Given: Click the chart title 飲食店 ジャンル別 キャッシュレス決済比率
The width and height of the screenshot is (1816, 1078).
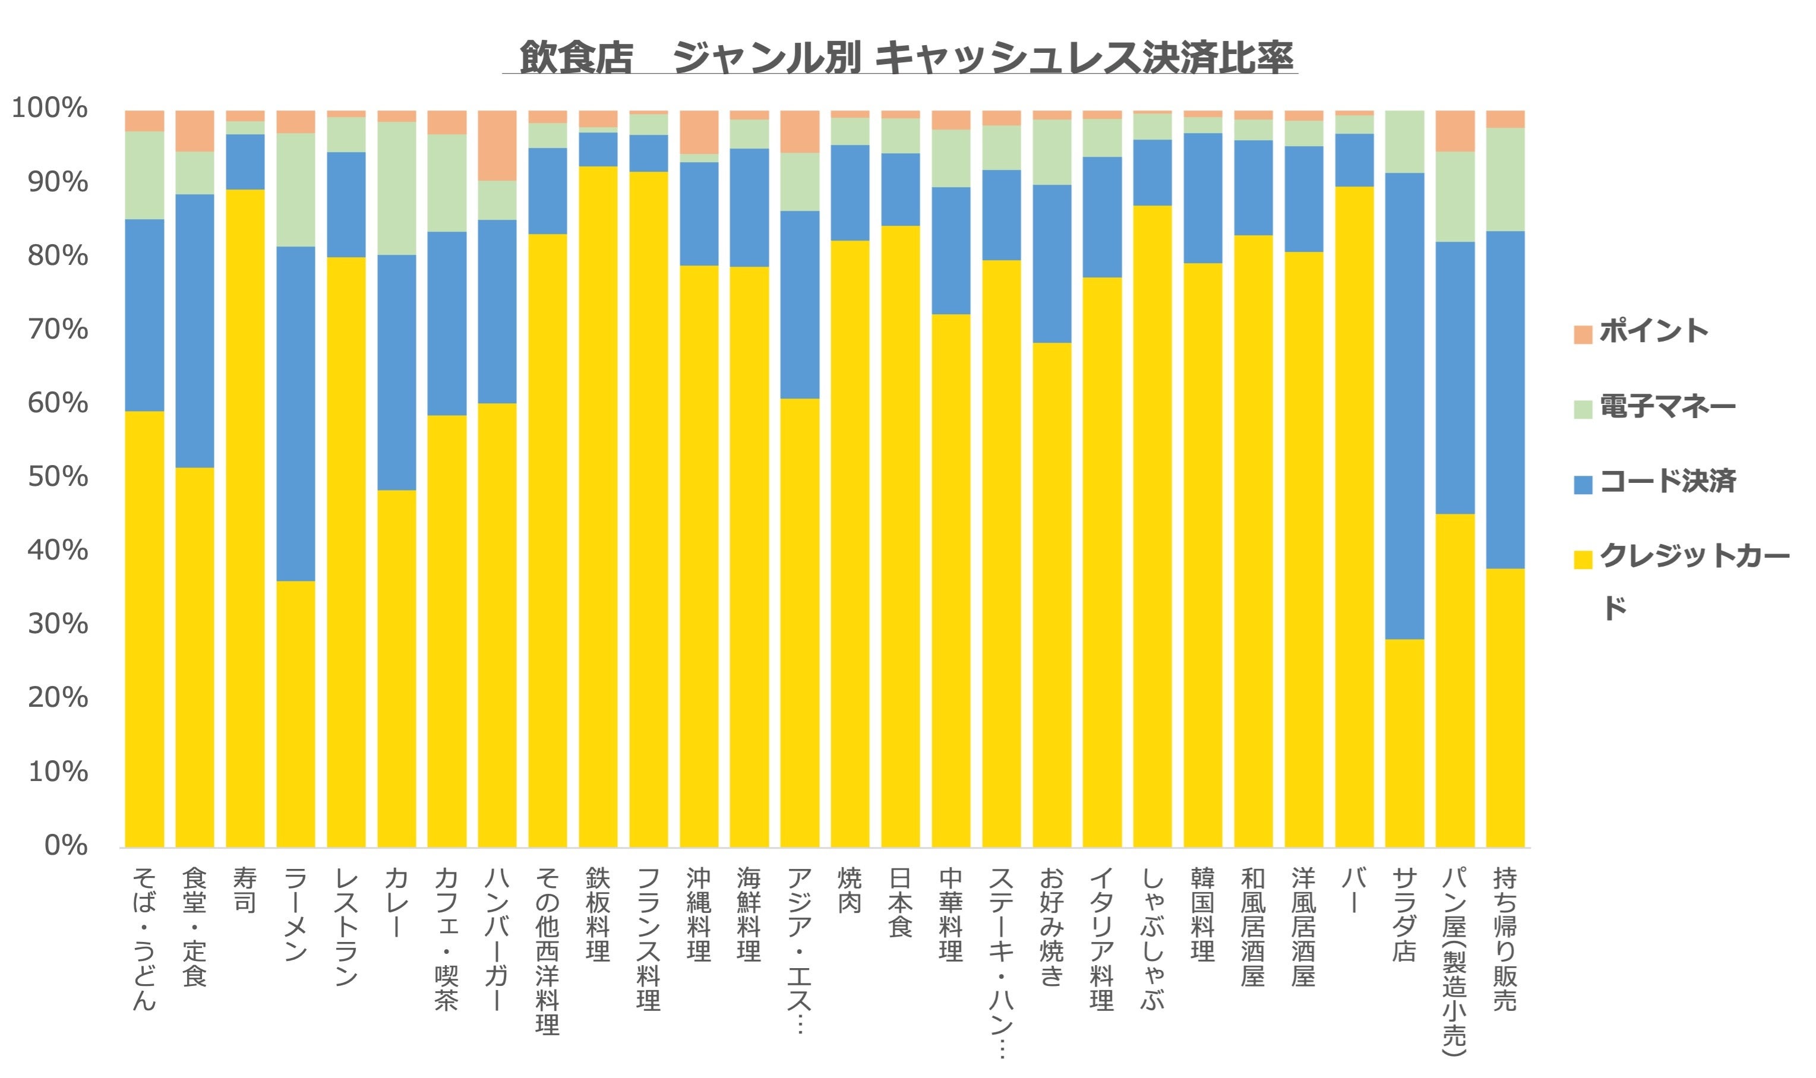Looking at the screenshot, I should pyautogui.click(x=907, y=56).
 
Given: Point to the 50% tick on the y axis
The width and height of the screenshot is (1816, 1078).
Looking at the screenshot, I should pyautogui.click(x=58, y=476).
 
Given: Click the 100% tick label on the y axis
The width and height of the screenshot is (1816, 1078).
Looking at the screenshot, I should pyautogui.click(x=49, y=108).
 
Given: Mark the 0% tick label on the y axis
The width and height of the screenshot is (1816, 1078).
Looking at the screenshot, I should pyautogui.click(x=65, y=845).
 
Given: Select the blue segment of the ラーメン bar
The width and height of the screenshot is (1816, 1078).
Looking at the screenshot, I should pyautogui.click(x=296, y=414).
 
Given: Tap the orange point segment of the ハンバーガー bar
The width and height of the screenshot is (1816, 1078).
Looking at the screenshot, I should pyautogui.click(x=497, y=146).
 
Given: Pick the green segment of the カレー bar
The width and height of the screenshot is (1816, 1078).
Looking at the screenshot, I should pyautogui.click(x=397, y=188).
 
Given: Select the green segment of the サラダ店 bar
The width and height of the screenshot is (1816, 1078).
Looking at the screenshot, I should pyautogui.click(x=1404, y=141).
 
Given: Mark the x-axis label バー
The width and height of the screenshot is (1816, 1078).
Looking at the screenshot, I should pyautogui.click(x=1353, y=890).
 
